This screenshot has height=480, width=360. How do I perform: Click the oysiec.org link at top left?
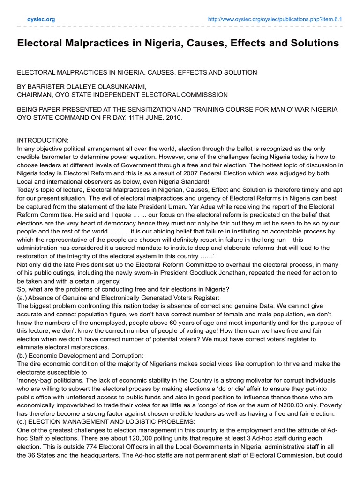point(43,19)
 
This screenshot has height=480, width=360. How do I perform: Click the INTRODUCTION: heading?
point(43,140)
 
